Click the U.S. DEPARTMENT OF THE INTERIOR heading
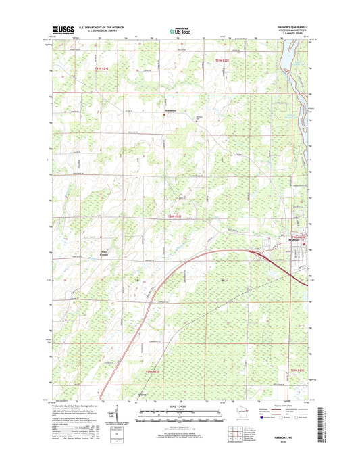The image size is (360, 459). [x=101, y=27]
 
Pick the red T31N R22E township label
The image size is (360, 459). [x=223, y=61]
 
